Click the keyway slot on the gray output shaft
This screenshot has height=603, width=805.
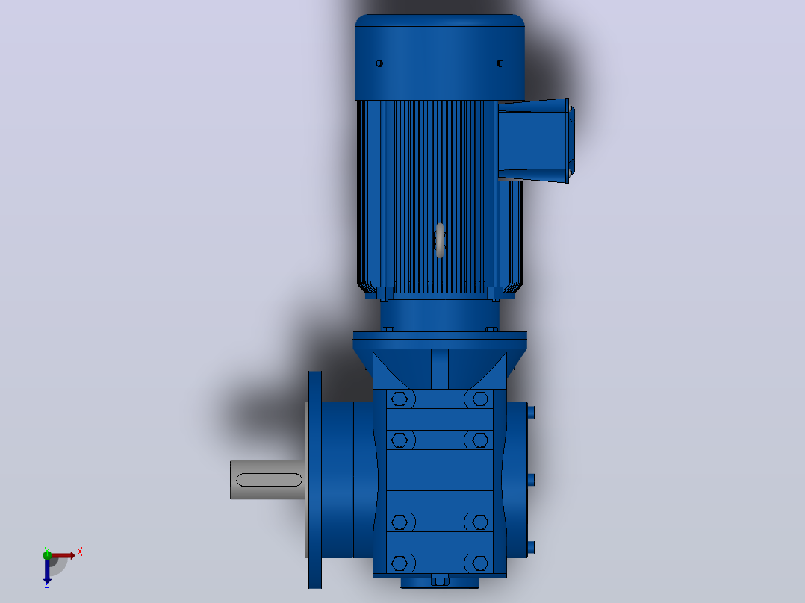pos(269,480)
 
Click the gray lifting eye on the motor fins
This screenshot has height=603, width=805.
pos(439,240)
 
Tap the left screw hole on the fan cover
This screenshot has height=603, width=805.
pos(379,63)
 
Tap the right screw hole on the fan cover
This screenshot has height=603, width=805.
pos(500,63)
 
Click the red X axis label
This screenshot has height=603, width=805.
pos(80,552)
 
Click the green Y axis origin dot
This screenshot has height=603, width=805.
pos(47,554)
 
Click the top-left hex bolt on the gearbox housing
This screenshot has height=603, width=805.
pos(399,399)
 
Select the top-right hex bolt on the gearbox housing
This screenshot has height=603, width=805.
pos(480,399)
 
